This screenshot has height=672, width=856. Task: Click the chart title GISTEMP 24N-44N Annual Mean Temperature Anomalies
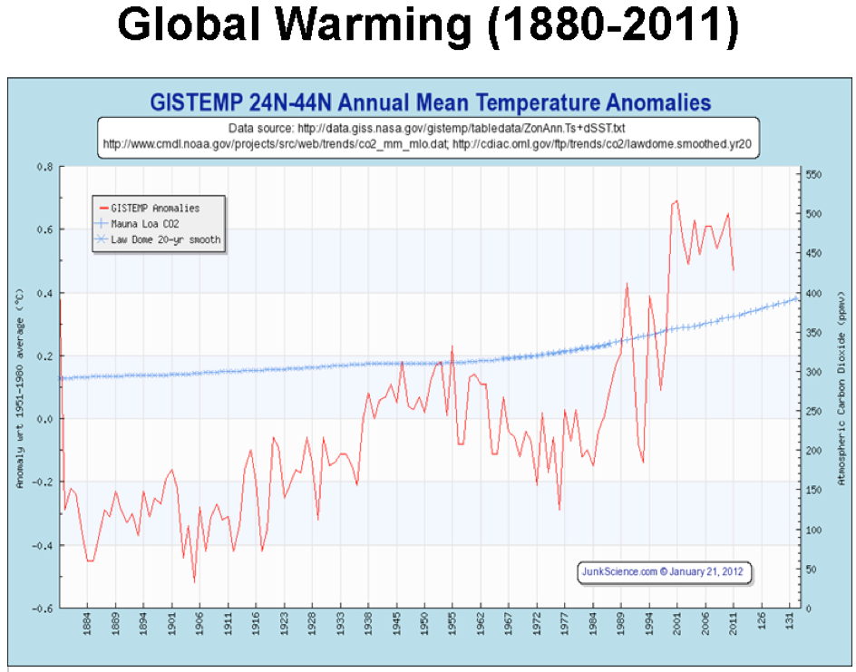(x=430, y=102)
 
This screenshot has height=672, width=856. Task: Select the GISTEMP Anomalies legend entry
(x=155, y=209)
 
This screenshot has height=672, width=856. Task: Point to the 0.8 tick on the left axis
(x=44, y=167)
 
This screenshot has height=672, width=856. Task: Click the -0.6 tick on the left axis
(x=42, y=608)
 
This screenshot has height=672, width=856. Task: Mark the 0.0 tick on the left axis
(x=44, y=419)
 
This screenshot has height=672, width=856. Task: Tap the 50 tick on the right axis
(x=810, y=569)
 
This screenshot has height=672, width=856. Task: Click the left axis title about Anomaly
(x=20, y=390)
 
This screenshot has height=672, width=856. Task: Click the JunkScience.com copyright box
(x=666, y=572)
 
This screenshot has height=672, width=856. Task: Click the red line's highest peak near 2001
(x=676, y=200)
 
